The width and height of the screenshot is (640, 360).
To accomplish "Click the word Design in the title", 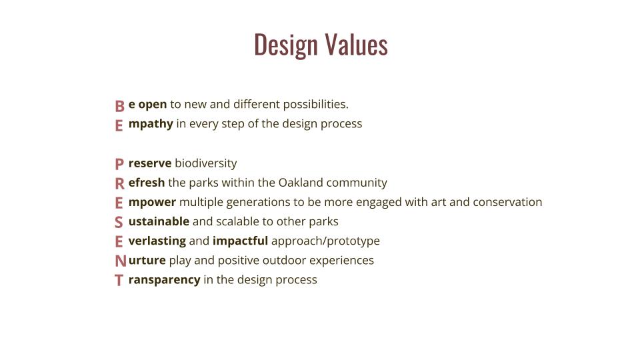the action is (x=286, y=45).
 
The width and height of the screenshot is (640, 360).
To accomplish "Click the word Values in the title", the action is (x=356, y=44).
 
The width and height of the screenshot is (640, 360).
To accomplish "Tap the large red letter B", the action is (x=119, y=106).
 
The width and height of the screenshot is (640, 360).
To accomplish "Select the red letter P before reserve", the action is (x=119, y=164).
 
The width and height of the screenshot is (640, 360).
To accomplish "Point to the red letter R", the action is (x=119, y=184).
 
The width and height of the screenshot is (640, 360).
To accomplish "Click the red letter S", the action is (x=119, y=223).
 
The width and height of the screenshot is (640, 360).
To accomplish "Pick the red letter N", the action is (x=121, y=261).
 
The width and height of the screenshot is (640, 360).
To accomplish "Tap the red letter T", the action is (x=119, y=281).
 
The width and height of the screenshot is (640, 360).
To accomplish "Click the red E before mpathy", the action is (x=119, y=126).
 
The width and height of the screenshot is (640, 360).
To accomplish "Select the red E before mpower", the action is (x=119, y=203).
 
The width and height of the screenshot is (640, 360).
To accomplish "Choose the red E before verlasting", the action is (x=119, y=241).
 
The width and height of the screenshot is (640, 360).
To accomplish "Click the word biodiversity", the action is (x=206, y=163).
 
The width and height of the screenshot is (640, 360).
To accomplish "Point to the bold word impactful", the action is (x=241, y=241).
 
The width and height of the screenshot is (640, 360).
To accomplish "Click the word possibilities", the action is (x=315, y=105).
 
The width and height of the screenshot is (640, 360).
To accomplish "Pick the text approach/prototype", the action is (x=325, y=241).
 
